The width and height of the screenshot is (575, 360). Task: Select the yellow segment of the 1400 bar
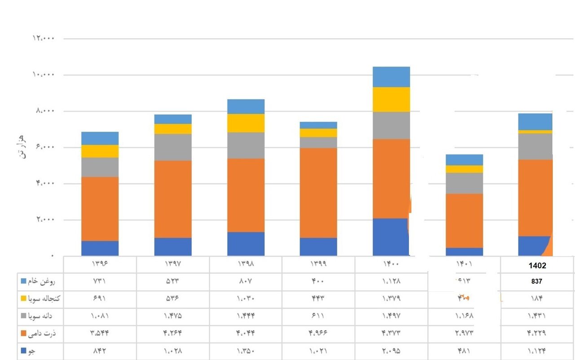[391, 99]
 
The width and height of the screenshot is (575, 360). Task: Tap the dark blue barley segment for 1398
[246, 244]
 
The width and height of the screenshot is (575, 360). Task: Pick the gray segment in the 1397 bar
[173, 147]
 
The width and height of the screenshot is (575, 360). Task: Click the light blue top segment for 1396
[100, 138]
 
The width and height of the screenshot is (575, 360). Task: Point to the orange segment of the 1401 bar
[464, 220]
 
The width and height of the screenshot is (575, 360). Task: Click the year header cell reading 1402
[537, 265]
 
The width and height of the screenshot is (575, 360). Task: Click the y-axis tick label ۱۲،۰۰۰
[44, 38]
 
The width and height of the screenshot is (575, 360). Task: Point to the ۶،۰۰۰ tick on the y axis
[44, 147]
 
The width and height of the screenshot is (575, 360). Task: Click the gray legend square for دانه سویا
[23, 316]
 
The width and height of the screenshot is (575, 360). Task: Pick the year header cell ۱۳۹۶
[100, 264]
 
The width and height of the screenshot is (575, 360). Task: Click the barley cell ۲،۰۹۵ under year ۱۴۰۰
[391, 351]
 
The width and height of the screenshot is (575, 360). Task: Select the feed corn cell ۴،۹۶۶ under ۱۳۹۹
[318, 334]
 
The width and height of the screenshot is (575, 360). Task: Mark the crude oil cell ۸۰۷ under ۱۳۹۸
[246, 281]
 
